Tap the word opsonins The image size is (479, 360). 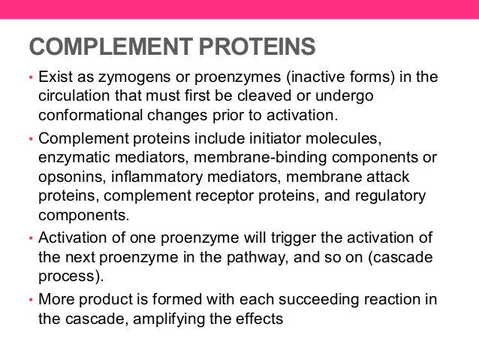(x=71, y=177)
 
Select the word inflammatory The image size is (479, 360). (x=159, y=177)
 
